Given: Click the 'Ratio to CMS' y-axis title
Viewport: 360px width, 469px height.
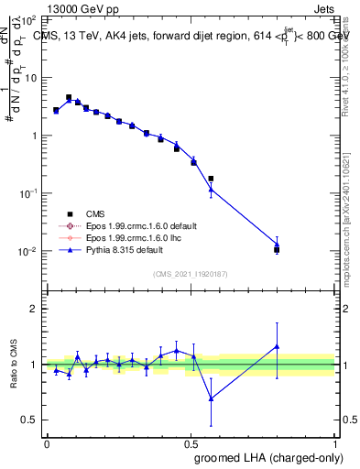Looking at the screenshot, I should [15, 364].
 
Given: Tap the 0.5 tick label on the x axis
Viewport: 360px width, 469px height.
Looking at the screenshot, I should [191, 442].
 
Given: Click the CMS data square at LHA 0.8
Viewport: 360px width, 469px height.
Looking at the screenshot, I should [277, 249].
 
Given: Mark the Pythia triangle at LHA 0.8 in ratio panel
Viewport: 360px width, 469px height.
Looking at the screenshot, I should [277, 346].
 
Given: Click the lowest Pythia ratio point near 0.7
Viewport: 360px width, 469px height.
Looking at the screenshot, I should [212, 398].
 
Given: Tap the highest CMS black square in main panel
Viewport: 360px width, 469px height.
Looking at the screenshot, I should [69, 97].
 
